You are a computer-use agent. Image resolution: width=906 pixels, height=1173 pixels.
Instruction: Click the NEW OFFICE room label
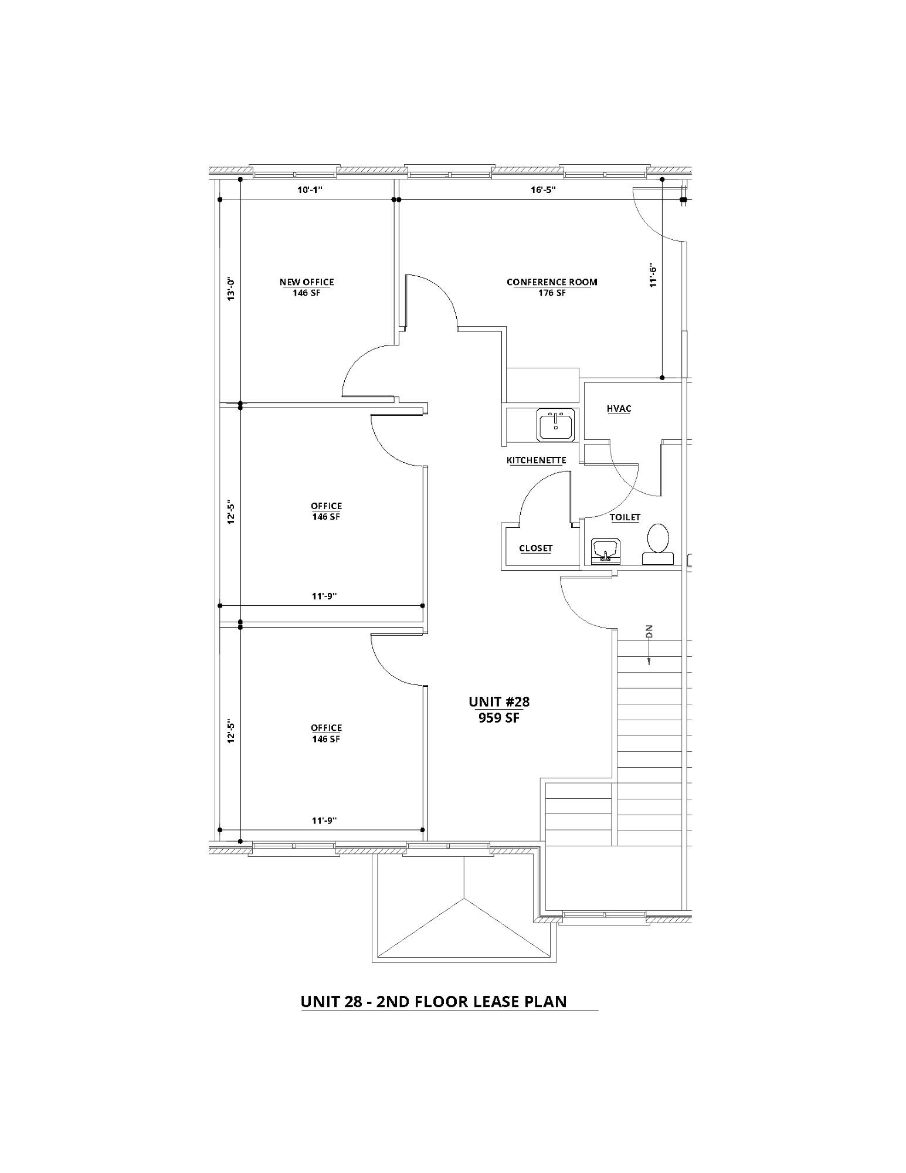(307, 282)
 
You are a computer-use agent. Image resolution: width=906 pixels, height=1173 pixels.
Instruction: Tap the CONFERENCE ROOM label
(552, 282)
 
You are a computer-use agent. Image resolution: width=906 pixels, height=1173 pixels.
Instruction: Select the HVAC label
(619, 409)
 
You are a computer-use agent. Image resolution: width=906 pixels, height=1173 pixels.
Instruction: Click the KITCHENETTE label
(536, 460)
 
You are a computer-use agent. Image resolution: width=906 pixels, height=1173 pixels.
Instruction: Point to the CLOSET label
(536, 548)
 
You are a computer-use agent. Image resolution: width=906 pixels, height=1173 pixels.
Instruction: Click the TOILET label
(625, 517)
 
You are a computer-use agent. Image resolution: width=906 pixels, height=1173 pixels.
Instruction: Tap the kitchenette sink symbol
(556, 425)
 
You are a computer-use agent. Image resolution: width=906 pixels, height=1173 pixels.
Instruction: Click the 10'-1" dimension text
(311, 189)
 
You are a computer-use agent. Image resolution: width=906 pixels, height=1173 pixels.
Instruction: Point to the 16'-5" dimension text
(542, 189)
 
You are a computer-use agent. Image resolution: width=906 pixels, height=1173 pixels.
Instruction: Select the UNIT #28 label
(499, 701)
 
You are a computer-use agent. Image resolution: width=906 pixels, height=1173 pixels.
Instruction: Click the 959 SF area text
(499, 718)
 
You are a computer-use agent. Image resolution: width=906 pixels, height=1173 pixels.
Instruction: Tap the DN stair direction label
(649, 632)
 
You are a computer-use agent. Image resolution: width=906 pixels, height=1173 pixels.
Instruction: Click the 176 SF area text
(552, 293)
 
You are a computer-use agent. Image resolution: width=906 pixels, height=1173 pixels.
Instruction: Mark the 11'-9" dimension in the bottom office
(324, 821)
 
